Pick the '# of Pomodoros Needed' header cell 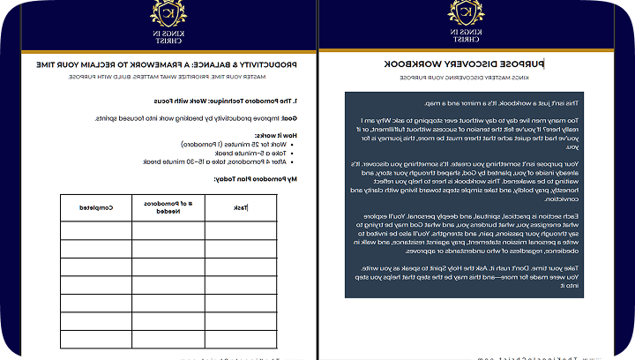click(x=168, y=207)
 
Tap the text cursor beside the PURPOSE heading click(x=544, y=64)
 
